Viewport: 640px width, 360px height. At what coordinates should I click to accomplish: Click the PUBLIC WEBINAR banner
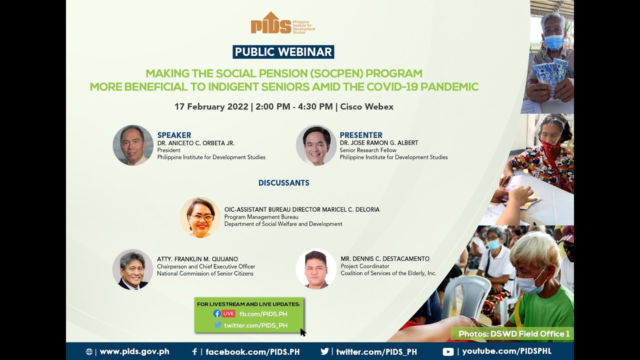tap(283, 52)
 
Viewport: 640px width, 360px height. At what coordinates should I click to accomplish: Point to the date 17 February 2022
tap(211, 106)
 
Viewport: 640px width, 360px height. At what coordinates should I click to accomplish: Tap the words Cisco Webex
tap(366, 106)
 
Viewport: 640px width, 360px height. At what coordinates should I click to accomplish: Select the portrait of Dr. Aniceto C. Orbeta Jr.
tap(133, 145)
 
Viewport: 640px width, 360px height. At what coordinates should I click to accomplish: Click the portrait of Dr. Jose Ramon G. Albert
tap(316, 145)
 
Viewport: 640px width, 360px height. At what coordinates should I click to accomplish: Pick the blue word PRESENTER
tap(360, 135)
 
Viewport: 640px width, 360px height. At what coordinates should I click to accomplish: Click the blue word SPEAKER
tap(174, 135)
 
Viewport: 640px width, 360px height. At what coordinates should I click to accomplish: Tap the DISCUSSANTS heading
tap(283, 183)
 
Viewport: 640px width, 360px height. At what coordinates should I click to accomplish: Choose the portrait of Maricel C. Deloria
tap(200, 217)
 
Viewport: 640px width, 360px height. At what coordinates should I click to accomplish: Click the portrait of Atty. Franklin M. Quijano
tap(132, 269)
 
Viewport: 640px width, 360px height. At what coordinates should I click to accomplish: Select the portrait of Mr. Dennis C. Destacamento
tap(316, 269)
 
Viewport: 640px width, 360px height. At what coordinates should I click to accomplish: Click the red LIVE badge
tap(228, 313)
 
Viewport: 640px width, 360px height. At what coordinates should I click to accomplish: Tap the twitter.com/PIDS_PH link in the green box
tap(255, 325)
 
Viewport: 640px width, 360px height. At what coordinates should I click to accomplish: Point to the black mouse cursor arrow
tap(302, 332)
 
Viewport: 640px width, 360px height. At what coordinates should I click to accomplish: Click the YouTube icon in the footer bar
tap(448, 351)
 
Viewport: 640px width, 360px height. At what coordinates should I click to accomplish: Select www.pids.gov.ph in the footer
tap(134, 351)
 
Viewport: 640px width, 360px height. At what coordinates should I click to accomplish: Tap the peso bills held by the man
tap(550, 73)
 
